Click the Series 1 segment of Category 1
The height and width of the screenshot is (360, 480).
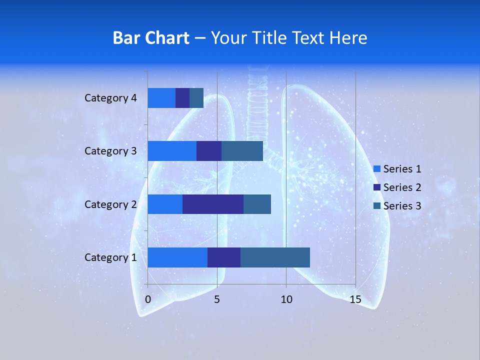(177, 257)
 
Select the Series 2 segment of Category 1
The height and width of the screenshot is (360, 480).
(224, 257)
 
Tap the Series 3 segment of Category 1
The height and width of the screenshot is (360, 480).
(275, 257)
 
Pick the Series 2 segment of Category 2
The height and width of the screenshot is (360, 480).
(213, 204)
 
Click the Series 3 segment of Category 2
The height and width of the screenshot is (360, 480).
(257, 204)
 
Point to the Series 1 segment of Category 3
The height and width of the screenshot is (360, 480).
(172, 151)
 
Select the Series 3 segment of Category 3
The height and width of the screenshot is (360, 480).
(242, 151)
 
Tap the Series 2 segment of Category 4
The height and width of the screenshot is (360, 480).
(182, 98)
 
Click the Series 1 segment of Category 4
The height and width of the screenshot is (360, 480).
(161, 98)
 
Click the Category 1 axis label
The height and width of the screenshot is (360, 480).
(110, 257)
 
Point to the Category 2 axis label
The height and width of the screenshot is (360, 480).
(110, 204)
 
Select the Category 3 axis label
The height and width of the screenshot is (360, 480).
(110, 151)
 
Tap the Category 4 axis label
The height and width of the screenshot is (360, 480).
(110, 98)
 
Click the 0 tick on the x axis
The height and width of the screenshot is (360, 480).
(148, 299)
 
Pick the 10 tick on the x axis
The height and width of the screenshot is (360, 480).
(286, 299)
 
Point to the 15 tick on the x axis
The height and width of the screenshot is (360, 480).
(355, 299)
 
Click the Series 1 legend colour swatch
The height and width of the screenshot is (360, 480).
(377, 169)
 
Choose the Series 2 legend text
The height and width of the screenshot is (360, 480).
(402, 187)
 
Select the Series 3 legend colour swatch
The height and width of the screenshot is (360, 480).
(377, 206)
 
